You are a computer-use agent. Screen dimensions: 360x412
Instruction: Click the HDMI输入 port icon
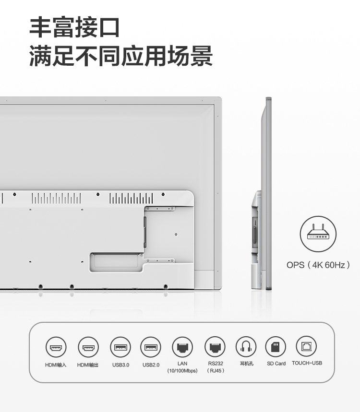click(x=56, y=347)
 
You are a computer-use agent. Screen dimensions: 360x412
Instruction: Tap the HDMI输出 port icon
click(x=88, y=347)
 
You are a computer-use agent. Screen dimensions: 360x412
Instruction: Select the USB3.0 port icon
click(x=120, y=347)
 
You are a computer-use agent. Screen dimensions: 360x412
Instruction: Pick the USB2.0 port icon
click(x=151, y=347)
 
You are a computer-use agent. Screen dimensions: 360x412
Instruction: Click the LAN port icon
click(x=182, y=347)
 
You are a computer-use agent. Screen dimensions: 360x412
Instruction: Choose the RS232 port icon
click(x=215, y=347)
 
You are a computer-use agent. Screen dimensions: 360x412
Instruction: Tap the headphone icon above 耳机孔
click(x=246, y=347)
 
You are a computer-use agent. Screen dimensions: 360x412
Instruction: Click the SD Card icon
click(x=276, y=347)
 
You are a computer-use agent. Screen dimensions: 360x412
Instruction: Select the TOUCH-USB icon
click(x=306, y=346)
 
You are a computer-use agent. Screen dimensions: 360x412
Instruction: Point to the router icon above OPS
click(x=318, y=234)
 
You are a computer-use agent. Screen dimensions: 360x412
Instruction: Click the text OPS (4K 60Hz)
click(x=318, y=265)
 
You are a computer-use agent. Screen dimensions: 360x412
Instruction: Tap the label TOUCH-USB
click(x=307, y=363)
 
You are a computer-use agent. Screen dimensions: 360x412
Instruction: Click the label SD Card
click(x=276, y=364)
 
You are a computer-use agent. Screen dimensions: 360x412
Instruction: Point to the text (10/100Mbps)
click(x=182, y=371)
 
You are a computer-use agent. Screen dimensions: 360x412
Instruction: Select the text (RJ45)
click(x=216, y=371)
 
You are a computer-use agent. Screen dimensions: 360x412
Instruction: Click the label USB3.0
click(x=120, y=365)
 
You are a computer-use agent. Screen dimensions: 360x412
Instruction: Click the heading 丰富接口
click(x=75, y=27)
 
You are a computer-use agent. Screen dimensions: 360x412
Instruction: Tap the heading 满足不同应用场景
click(x=120, y=56)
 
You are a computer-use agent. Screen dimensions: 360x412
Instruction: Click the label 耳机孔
click(x=247, y=364)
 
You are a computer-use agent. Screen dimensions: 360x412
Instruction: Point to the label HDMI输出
click(x=87, y=365)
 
